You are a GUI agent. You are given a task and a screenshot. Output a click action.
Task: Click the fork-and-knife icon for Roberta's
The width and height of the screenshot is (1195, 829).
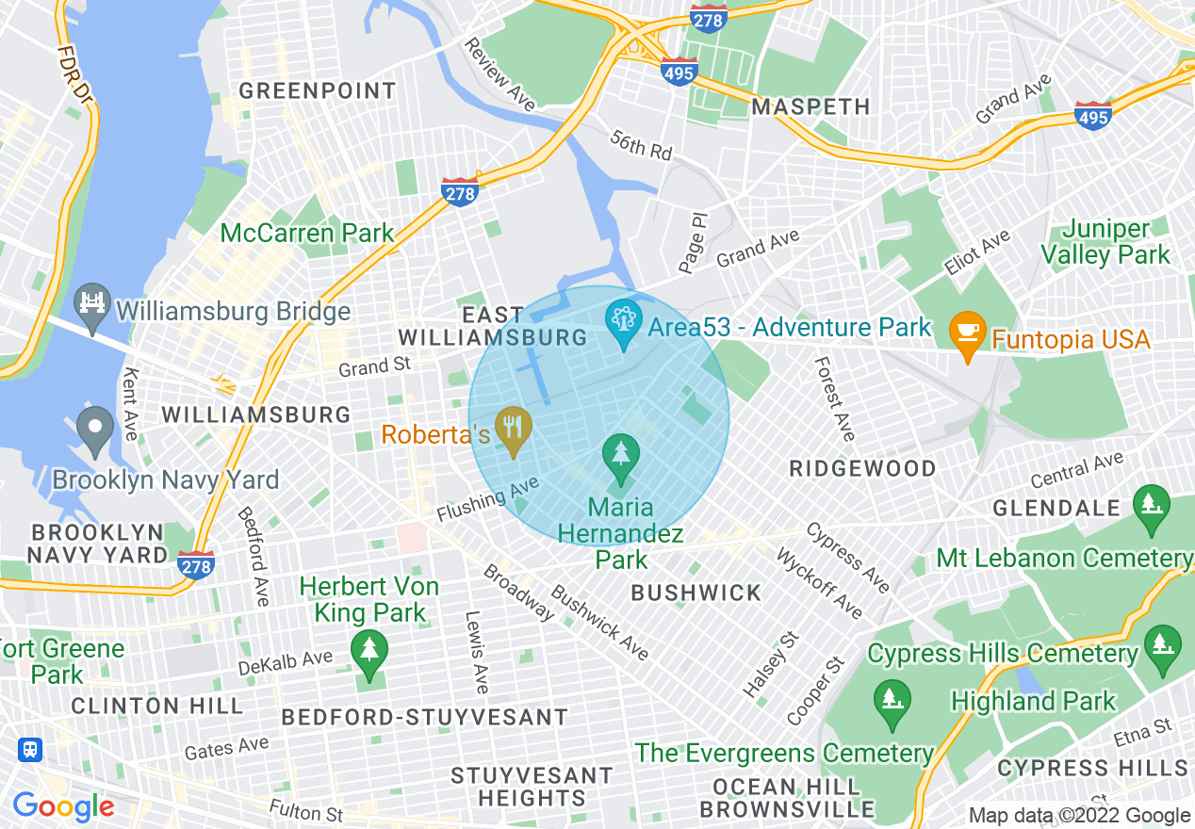(x=514, y=430)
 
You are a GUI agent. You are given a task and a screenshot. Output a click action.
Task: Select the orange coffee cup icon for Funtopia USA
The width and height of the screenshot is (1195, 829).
(x=968, y=333)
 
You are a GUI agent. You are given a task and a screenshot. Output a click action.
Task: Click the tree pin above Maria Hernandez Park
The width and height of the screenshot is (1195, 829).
(x=621, y=455)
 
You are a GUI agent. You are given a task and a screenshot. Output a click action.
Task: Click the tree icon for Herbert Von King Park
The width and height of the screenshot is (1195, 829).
(x=368, y=651)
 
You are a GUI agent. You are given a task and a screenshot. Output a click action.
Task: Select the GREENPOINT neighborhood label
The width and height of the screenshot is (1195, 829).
(x=317, y=91)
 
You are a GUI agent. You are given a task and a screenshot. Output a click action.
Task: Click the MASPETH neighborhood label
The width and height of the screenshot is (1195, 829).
(x=810, y=106)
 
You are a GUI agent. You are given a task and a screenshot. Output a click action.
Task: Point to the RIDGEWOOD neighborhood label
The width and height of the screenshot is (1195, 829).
(x=862, y=468)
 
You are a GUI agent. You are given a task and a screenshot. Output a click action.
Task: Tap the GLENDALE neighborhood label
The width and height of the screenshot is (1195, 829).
(x=1056, y=508)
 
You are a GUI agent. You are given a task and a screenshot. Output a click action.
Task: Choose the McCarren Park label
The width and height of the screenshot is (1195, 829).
(x=307, y=233)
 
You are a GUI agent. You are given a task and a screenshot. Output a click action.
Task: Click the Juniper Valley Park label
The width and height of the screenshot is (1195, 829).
(x=1117, y=242)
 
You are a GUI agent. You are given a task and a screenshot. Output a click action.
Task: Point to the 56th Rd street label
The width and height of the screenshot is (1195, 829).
(x=641, y=146)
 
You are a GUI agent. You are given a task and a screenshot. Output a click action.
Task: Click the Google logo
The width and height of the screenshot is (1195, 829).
(x=63, y=806)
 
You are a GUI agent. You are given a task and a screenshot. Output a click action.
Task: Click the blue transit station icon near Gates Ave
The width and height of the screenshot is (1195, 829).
(x=30, y=750)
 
